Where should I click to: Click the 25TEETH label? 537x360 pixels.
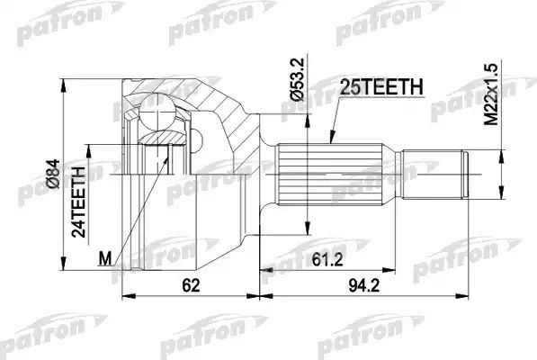click(381, 87)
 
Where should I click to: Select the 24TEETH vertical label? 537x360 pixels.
click(79, 199)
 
